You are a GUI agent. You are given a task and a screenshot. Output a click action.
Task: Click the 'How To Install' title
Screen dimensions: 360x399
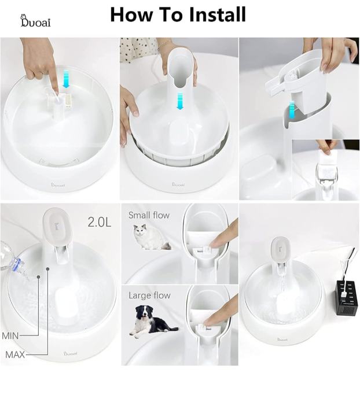(178, 14)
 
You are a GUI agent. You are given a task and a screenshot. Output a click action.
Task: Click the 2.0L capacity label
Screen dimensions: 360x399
(100, 222)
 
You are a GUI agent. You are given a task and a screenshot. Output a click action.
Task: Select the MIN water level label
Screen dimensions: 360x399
(10, 336)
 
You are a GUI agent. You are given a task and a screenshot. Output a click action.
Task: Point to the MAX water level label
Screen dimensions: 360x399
(15, 354)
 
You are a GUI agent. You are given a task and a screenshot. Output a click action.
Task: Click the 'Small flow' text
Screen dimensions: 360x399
(149, 215)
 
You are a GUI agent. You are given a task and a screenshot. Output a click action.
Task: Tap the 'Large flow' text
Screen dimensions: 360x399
(149, 295)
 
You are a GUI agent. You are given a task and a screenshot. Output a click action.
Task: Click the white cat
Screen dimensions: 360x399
(151, 237)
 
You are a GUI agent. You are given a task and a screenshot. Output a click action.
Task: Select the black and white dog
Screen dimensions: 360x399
(152, 322)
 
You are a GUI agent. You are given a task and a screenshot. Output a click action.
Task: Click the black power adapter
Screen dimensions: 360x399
(347, 297)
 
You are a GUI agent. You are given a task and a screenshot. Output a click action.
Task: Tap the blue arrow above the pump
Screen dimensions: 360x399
(66, 79)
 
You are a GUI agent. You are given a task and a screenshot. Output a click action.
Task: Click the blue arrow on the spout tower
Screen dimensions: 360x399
(180, 101)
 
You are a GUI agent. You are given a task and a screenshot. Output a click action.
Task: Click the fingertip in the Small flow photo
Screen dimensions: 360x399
(215, 245)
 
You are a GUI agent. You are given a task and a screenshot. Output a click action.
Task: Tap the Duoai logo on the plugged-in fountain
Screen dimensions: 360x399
(282, 339)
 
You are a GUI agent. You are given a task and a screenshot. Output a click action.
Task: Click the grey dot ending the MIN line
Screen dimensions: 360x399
(38, 276)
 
